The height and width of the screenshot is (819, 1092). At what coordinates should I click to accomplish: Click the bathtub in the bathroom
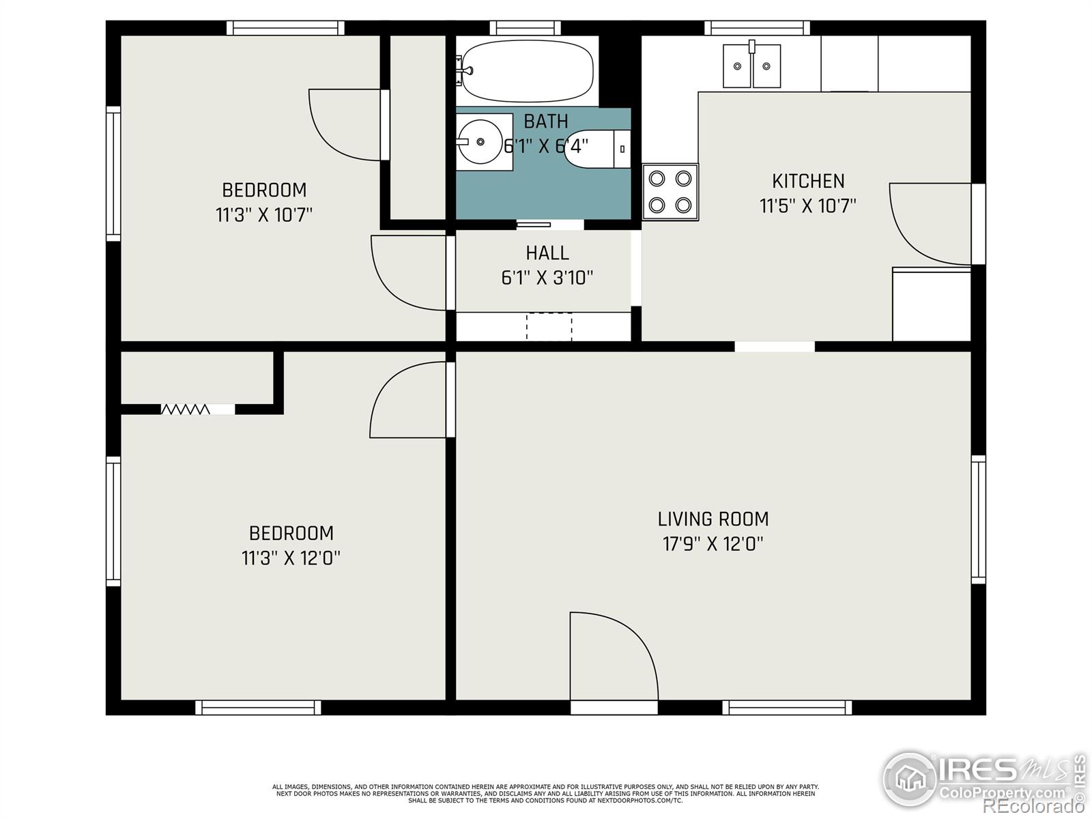[527, 71]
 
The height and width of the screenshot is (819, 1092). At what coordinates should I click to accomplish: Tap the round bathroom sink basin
[480, 141]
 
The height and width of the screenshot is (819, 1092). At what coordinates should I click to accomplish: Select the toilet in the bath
[594, 148]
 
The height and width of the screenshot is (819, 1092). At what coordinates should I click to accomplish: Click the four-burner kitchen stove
[670, 192]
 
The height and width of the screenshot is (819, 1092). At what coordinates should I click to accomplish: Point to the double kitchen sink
[751, 66]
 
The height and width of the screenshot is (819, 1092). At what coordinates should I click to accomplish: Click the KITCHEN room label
[808, 181]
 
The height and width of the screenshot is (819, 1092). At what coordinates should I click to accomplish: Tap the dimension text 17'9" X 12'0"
[713, 544]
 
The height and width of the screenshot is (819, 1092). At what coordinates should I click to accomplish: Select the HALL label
[547, 253]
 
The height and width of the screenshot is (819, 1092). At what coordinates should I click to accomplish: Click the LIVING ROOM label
[713, 519]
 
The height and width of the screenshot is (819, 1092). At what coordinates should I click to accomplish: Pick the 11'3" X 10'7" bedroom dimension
[264, 215]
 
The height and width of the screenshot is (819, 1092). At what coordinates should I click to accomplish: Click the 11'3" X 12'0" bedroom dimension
[291, 558]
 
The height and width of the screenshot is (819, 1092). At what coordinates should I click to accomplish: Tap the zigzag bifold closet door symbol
[186, 409]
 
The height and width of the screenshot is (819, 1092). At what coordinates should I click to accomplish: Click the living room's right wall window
[978, 519]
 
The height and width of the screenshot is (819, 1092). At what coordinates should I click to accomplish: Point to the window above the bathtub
[525, 28]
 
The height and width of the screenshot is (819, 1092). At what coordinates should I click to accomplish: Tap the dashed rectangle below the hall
[549, 326]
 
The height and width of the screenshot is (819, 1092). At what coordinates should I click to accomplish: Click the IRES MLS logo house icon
[910, 779]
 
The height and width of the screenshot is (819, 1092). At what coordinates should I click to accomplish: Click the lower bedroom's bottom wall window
[258, 708]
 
